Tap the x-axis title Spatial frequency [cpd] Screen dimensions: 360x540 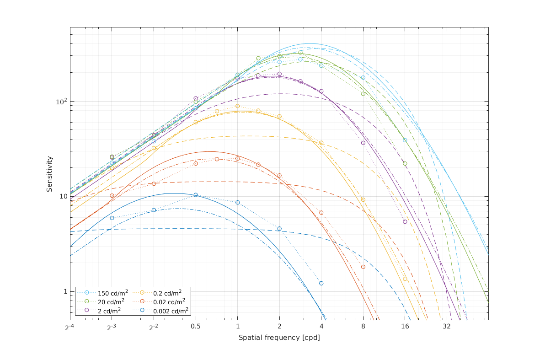tap(279, 338)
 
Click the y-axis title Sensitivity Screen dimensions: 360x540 tap(49, 174)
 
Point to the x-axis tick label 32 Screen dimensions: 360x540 tap(446, 327)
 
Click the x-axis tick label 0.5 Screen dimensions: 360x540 tap(196, 327)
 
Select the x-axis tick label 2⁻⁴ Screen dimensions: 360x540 tap(70, 327)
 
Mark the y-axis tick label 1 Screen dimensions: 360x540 tap(64, 291)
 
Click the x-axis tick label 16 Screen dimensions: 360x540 tap(405, 327)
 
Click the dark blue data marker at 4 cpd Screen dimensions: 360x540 tap(321, 283)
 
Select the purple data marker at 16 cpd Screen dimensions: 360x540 tap(405, 221)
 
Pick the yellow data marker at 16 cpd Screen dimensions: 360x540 tap(405, 279)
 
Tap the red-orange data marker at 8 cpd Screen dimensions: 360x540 tap(363, 267)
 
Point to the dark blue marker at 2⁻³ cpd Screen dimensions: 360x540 tap(112, 218)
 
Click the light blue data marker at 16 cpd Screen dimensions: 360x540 tap(405, 140)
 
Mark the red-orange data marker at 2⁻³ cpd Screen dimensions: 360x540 tap(112, 195)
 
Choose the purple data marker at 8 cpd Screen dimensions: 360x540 tap(363, 143)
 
